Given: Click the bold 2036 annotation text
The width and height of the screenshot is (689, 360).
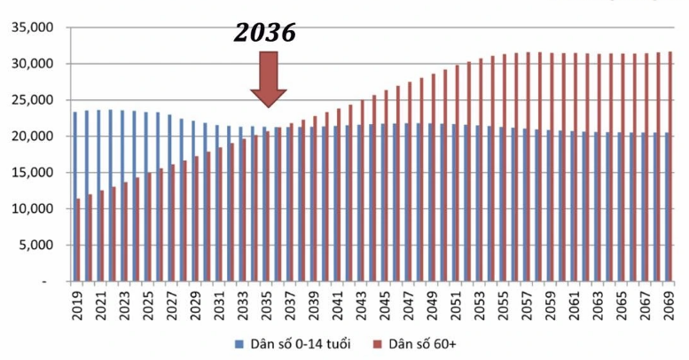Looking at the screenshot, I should pyautogui.click(x=264, y=34).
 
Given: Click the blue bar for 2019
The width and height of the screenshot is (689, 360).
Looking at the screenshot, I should pyautogui.click(x=74, y=195).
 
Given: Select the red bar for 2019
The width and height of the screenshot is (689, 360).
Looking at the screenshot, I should pyautogui.click(x=79, y=239).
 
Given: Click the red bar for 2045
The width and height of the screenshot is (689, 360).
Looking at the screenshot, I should pyautogui.click(x=386, y=186).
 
